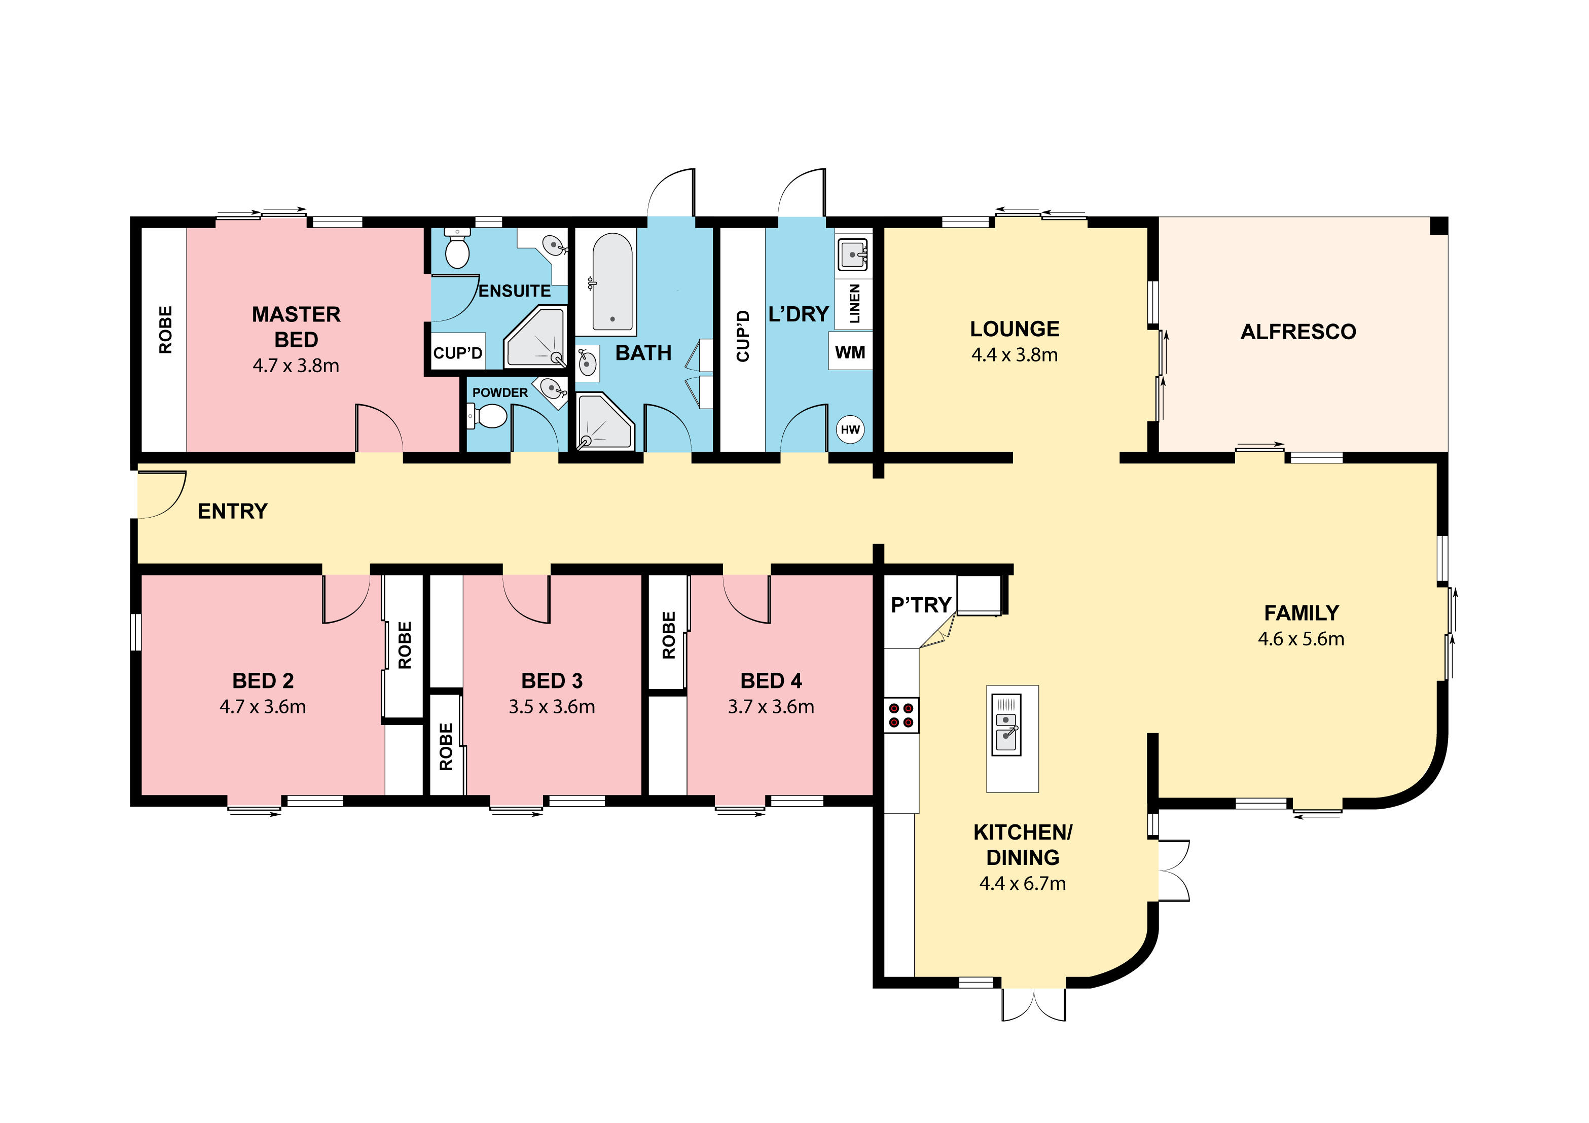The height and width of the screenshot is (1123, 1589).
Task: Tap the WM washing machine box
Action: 851,352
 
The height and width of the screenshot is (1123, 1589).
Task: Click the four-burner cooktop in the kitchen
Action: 901,715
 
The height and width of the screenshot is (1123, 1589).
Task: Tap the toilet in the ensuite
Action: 457,248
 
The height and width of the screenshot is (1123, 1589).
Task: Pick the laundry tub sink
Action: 853,255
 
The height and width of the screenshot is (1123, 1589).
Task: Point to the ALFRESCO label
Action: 1298,332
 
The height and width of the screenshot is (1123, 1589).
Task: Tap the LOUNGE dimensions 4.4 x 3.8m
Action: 1015,355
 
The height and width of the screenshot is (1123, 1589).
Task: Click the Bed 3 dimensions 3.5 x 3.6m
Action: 552,706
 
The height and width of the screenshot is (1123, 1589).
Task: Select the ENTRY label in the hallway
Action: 233,512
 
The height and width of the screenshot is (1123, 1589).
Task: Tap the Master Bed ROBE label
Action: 165,330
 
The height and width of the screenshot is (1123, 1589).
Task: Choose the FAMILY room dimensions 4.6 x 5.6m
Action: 1301,639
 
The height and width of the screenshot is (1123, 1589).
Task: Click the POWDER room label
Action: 500,392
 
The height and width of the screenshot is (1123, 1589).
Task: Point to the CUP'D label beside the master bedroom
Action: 457,353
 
